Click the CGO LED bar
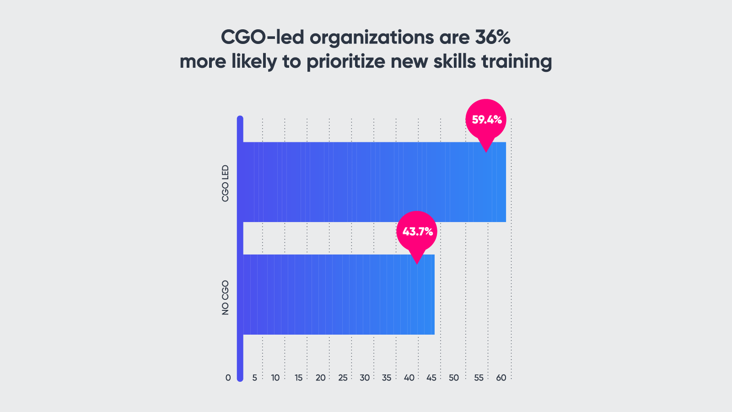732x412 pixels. pos(374,182)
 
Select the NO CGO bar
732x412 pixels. pos(339,294)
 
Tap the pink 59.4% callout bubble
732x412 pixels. pos(486,119)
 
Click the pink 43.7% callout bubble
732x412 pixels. pos(417,231)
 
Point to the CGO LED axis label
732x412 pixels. pos(225,184)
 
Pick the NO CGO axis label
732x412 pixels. pos(225,298)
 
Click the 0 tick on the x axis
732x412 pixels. pos(228,378)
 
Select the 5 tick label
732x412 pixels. pos(255,378)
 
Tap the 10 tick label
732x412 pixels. pos(275,378)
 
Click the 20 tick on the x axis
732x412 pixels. pos(320,378)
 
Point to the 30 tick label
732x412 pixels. pos(365,378)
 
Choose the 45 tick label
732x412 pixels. pos(431,378)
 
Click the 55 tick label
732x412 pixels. pos(479,378)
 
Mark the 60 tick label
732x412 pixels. pos(501,378)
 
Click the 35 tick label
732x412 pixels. pos(387,378)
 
